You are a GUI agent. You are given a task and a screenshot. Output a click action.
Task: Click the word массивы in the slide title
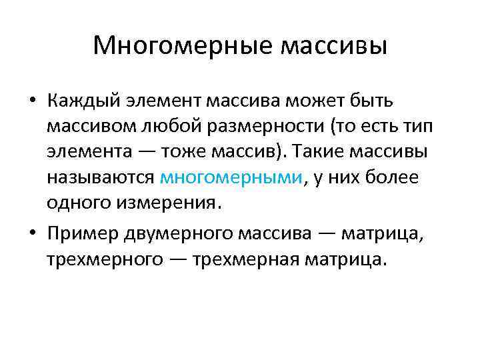point(334,46)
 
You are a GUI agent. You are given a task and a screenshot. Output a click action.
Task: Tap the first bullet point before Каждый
point(33,101)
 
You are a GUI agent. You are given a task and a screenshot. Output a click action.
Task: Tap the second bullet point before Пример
point(33,233)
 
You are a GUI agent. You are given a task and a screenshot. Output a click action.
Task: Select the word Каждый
point(79,101)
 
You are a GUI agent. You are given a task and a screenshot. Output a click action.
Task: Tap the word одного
point(81,203)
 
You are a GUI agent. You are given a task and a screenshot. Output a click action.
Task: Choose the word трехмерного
point(105,258)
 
